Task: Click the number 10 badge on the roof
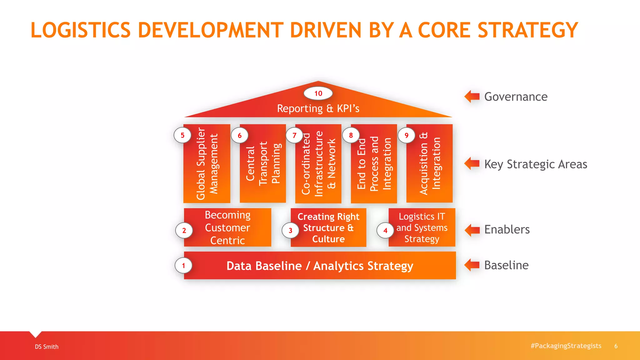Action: (x=318, y=93)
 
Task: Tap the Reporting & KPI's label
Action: (x=318, y=108)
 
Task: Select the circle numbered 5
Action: (x=182, y=135)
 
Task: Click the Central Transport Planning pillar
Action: (x=263, y=163)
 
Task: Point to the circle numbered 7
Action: (x=294, y=135)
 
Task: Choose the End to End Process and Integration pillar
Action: (x=374, y=163)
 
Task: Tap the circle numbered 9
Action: (x=406, y=135)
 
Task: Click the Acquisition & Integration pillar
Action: (x=429, y=163)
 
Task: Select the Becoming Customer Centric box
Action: (x=227, y=227)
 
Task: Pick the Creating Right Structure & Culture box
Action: (x=328, y=227)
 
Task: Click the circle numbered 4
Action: (x=385, y=231)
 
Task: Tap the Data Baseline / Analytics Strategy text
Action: (x=320, y=266)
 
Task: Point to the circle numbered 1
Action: (x=183, y=266)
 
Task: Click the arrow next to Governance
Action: (x=472, y=96)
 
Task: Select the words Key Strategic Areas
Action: (x=536, y=164)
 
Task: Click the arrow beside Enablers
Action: (x=472, y=230)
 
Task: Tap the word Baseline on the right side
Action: (x=506, y=265)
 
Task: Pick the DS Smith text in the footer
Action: (x=47, y=347)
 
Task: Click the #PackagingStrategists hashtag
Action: (x=566, y=346)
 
